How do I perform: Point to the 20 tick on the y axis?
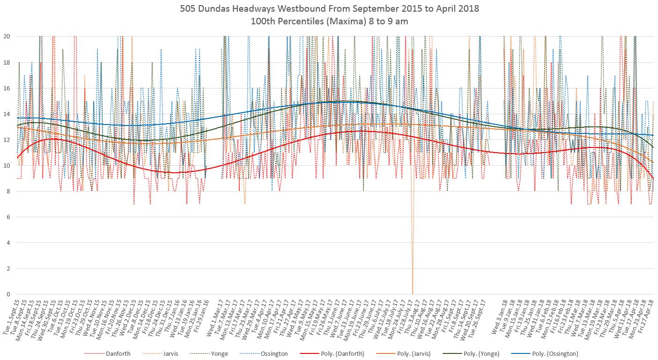pos(7,36)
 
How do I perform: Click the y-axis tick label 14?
pos(7,114)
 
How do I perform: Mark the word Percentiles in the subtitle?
pos(311,22)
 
